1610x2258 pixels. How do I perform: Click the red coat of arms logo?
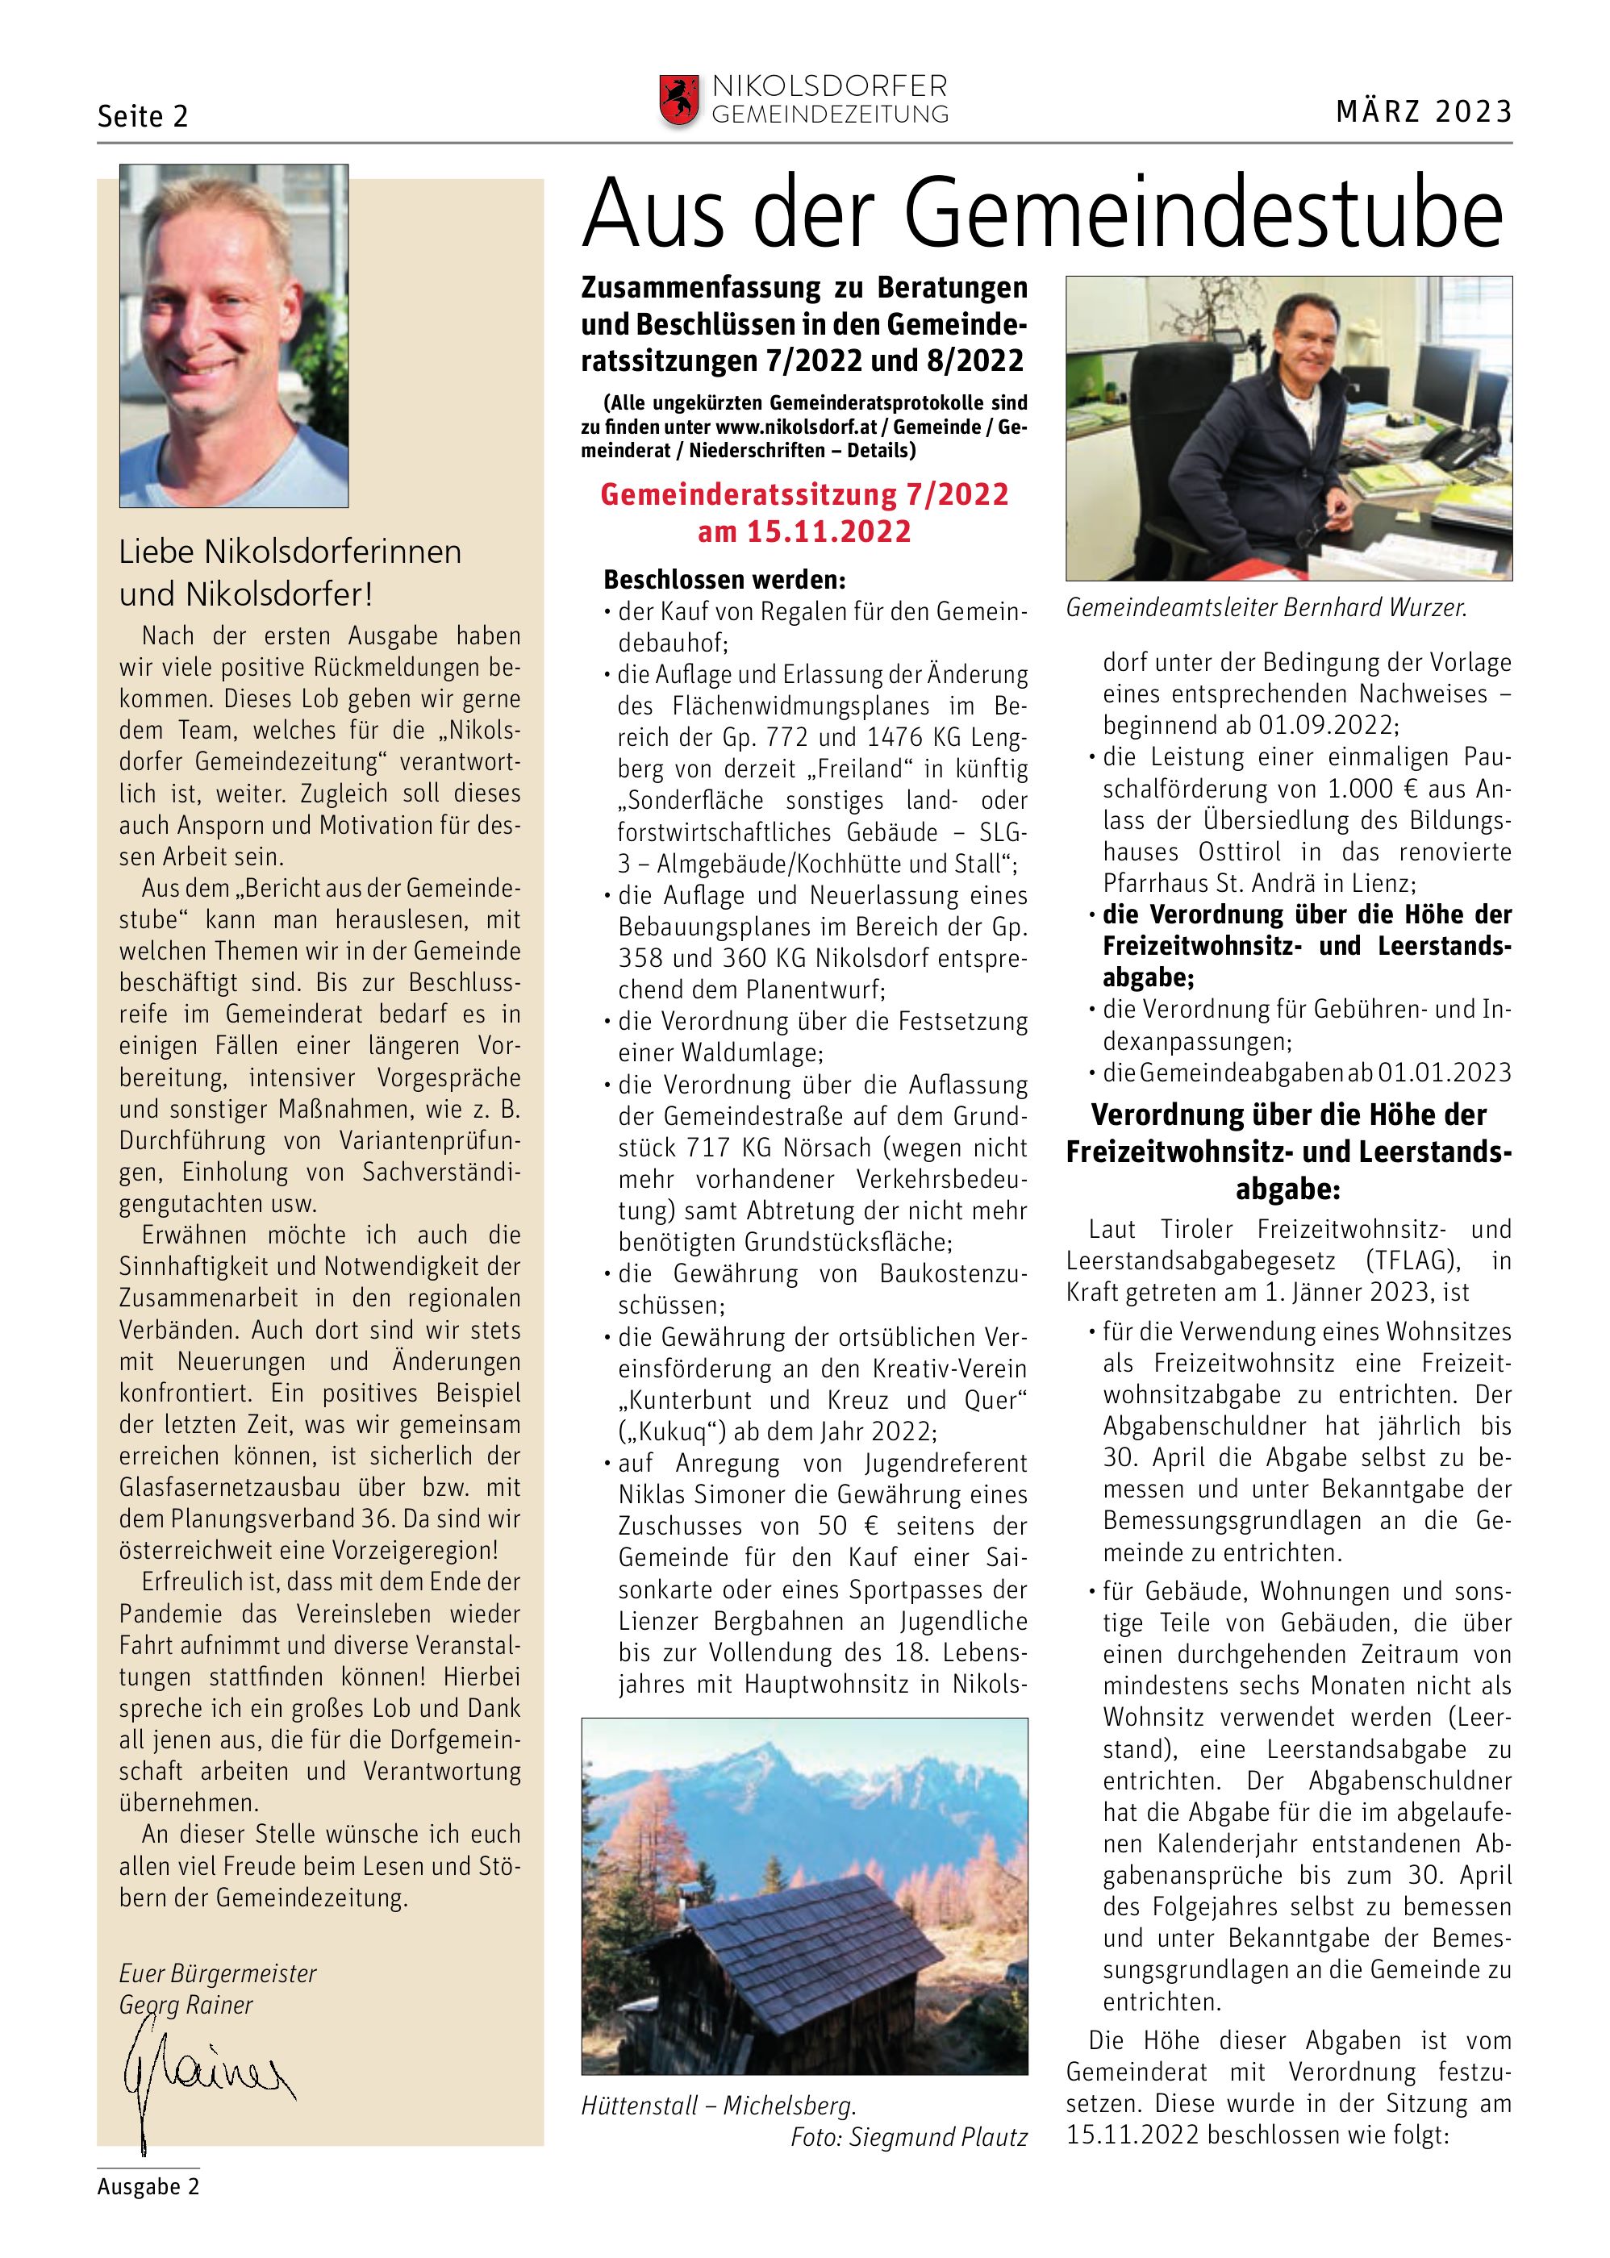coord(678,100)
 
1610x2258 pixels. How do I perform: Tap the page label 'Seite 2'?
coord(143,117)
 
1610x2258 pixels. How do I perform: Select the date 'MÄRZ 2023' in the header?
coord(1424,112)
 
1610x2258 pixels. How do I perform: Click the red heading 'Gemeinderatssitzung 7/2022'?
coord(804,494)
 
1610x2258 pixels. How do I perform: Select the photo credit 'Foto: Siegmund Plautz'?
coord(909,2137)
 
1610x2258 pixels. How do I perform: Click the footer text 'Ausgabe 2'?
coord(148,2187)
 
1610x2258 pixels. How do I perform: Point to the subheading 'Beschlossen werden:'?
coord(724,580)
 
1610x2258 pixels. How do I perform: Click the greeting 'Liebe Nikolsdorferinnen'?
coord(290,552)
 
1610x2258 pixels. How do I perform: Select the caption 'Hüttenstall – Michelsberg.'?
coord(719,2106)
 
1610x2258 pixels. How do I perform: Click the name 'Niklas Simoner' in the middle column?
coord(711,1495)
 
